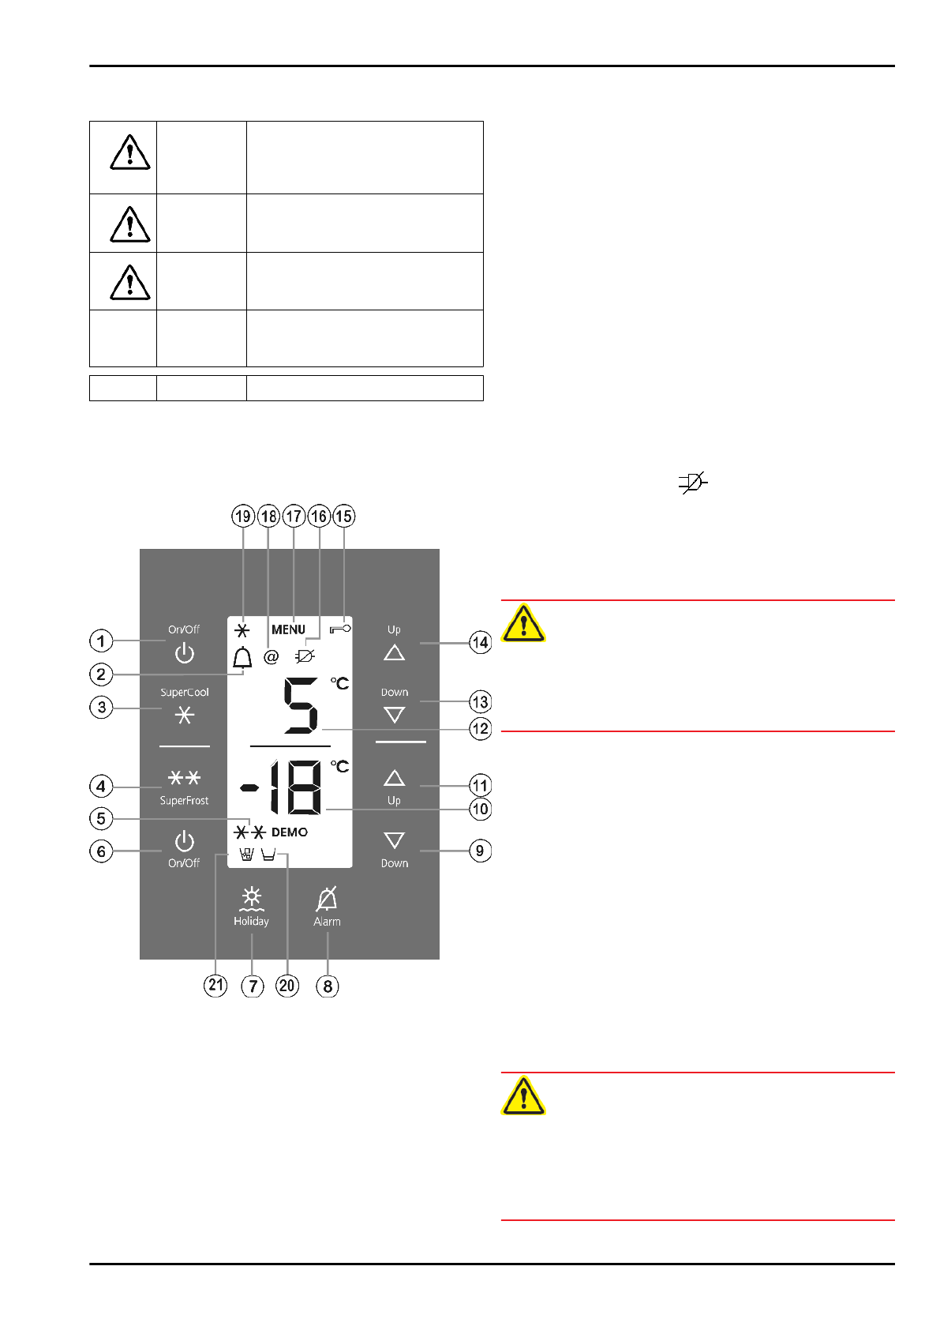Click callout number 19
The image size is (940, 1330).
tap(242, 517)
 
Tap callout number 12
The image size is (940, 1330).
tap(480, 728)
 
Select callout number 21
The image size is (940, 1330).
tap(215, 985)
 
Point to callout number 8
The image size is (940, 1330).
tap(328, 986)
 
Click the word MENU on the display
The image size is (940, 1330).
tap(288, 629)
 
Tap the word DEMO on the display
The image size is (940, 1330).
tap(290, 832)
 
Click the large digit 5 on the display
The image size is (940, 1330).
tap(301, 706)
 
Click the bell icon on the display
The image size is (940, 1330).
tap(242, 657)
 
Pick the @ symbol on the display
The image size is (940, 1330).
tap(271, 656)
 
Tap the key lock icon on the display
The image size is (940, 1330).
tap(340, 629)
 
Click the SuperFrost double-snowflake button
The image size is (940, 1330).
tap(184, 778)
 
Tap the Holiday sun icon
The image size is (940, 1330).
tap(252, 898)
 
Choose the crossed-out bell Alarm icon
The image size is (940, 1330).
tap(327, 899)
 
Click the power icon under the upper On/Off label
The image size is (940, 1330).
tap(184, 653)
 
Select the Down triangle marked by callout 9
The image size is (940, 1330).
tap(394, 840)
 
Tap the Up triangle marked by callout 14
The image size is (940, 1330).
tap(394, 652)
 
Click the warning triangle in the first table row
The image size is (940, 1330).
tap(130, 152)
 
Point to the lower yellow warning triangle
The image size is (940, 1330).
tap(523, 1095)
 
